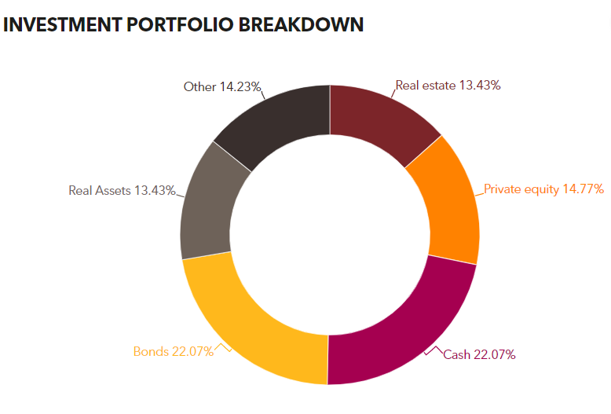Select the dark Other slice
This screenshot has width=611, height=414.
click(278, 121)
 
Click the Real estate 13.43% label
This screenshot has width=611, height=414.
click(448, 86)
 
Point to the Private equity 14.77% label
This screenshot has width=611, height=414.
click(543, 189)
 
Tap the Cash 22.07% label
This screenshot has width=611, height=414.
click(479, 355)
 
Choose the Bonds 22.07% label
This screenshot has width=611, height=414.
click(173, 351)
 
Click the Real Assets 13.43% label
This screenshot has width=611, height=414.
click(122, 190)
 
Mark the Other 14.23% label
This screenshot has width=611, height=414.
click(222, 86)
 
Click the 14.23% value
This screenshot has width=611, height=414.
click(241, 86)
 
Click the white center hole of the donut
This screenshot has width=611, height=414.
click(329, 235)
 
